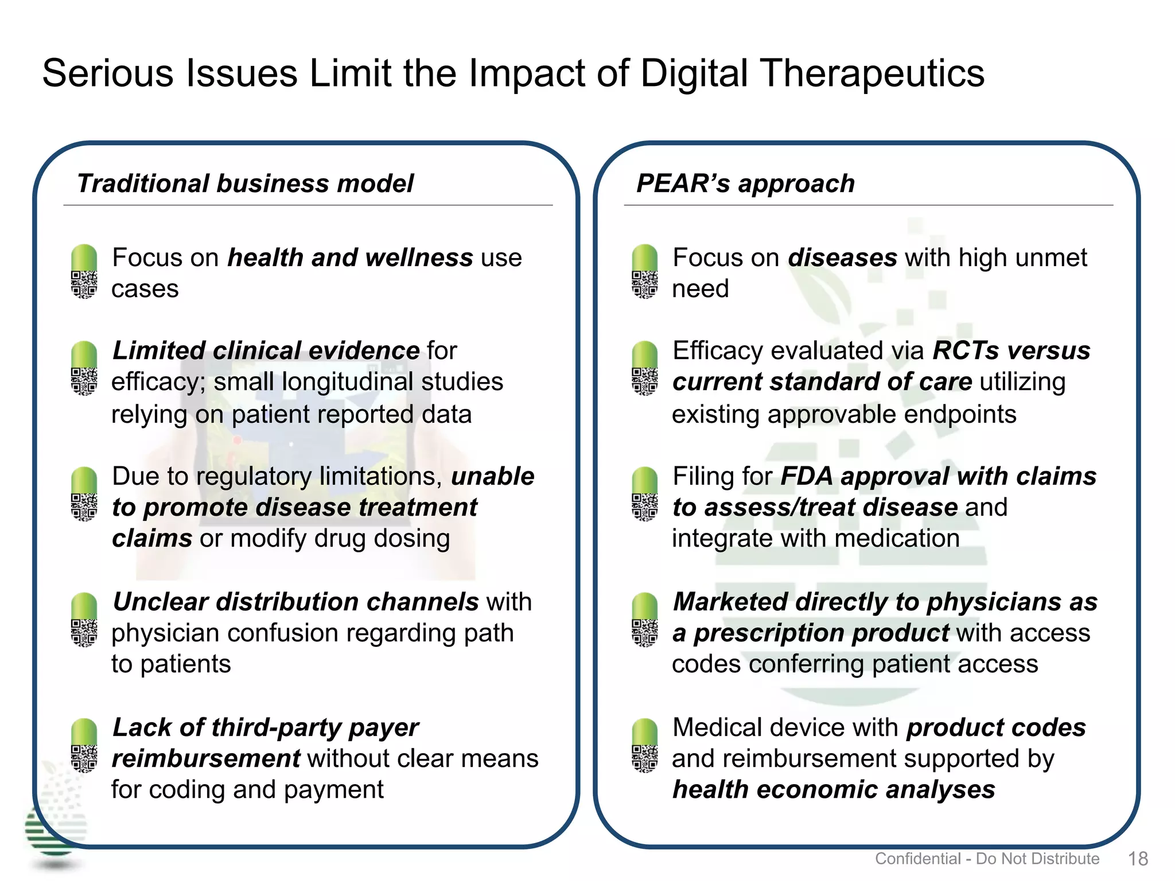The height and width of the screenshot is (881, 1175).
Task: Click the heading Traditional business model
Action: pyautogui.click(x=245, y=184)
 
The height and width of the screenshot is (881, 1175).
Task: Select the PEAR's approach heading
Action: pyautogui.click(x=745, y=184)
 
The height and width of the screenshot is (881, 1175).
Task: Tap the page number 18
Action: pyautogui.click(x=1138, y=859)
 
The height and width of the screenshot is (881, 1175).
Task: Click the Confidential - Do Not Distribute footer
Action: pyautogui.click(x=987, y=859)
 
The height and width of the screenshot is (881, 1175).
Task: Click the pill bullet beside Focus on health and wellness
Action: pyautogui.click(x=84, y=272)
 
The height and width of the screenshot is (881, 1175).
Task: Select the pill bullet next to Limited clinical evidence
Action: pyautogui.click(x=84, y=368)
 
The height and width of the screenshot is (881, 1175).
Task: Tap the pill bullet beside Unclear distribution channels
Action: pyautogui.click(x=84, y=620)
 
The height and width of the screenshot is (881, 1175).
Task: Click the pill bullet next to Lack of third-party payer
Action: pyautogui.click(x=84, y=746)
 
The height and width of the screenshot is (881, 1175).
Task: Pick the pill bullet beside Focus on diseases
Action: pyautogui.click(x=644, y=272)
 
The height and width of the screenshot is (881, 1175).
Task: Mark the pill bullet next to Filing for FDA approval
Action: pyautogui.click(x=644, y=494)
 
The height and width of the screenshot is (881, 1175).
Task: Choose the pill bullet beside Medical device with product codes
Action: pyautogui.click(x=644, y=746)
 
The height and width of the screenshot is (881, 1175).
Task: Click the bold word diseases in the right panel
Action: pyautogui.click(x=842, y=258)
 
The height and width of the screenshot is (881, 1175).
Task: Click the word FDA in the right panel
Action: pyautogui.click(x=807, y=476)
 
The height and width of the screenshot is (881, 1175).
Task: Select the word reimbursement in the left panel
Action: pyautogui.click(x=205, y=759)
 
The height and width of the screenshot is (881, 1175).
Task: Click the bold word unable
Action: pyautogui.click(x=493, y=476)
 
